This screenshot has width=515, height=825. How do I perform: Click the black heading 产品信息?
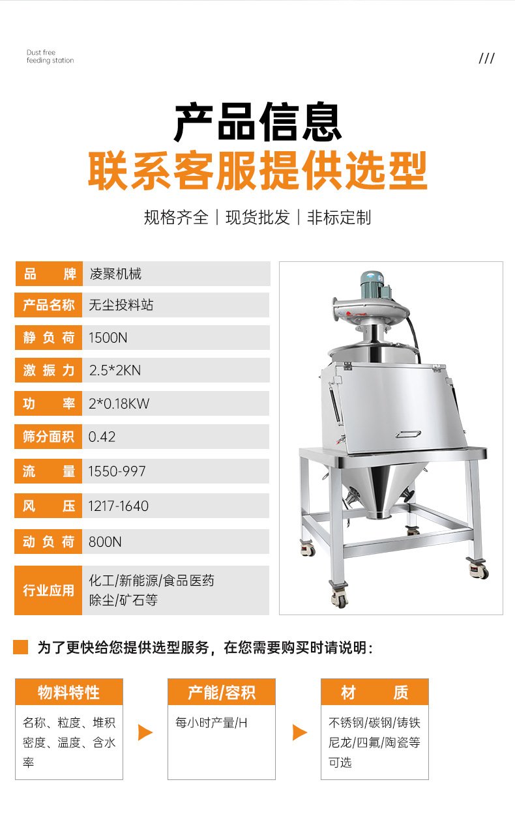(x=257, y=122)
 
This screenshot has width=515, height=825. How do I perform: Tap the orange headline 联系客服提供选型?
(x=257, y=171)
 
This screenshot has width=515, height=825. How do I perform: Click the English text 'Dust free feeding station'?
(x=50, y=56)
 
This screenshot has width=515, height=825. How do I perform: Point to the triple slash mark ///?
(x=486, y=58)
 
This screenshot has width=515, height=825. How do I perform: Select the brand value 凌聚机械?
(x=115, y=274)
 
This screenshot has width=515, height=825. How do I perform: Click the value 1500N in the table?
(x=108, y=338)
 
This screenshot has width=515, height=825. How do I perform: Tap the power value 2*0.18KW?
(x=119, y=403)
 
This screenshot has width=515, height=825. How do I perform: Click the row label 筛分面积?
(x=48, y=437)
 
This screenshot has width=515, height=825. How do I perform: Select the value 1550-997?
(x=117, y=471)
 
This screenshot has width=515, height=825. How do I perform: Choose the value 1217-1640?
(x=118, y=506)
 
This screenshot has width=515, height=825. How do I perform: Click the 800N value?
(x=105, y=542)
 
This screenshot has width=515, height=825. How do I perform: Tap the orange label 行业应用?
(x=48, y=590)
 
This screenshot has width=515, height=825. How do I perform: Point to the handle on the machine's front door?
(x=408, y=434)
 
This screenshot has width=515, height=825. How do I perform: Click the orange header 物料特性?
(x=69, y=692)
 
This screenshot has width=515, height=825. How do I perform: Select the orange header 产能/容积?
(x=222, y=692)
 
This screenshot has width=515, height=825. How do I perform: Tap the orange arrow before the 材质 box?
(x=299, y=732)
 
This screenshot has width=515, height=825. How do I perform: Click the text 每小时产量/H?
(x=211, y=723)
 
